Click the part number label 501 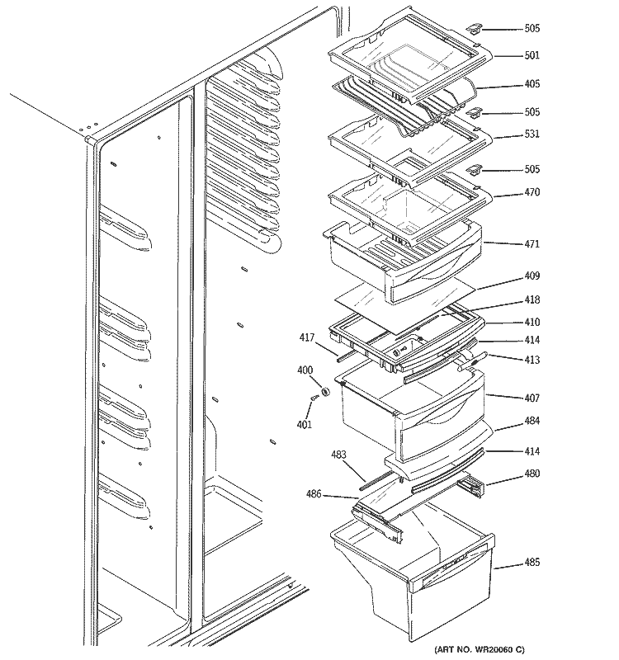tap(532, 56)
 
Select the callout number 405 tap(532, 84)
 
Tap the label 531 tap(532, 134)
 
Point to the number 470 tap(532, 193)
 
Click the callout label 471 tap(532, 244)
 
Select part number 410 tap(532, 323)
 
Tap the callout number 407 tap(532, 398)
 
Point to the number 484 tap(532, 422)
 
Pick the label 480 tap(532, 474)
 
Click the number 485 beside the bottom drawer tap(532, 563)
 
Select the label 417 tap(307, 337)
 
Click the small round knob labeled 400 tap(325, 391)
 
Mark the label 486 tap(313, 495)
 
